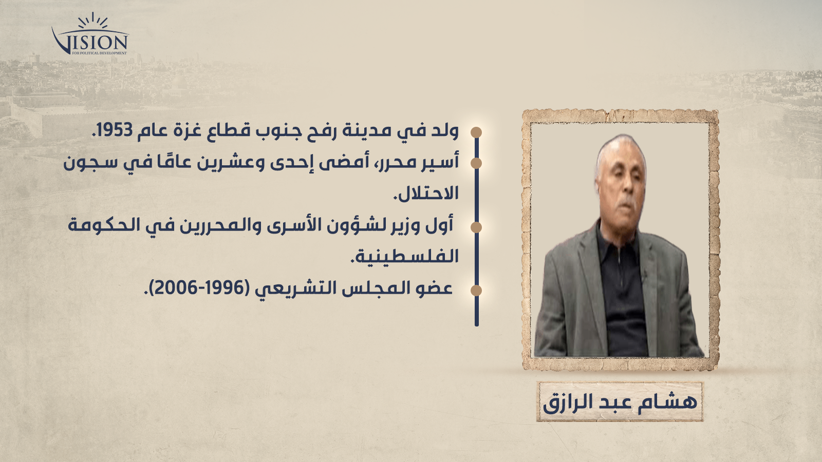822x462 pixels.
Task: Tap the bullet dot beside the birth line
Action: [x=476, y=132]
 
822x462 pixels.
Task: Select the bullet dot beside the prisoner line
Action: [x=476, y=163]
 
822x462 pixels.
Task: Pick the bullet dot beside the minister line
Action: [x=476, y=227]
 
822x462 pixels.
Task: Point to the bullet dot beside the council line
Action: [x=476, y=291]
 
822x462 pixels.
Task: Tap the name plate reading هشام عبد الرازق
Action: [x=620, y=401]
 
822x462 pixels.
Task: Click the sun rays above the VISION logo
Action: [x=93, y=21]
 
